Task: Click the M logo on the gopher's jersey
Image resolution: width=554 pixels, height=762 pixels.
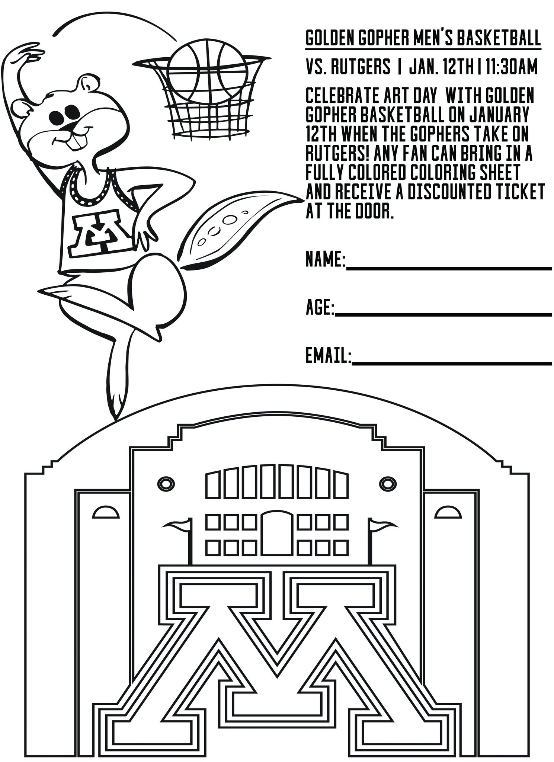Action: click(99, 233)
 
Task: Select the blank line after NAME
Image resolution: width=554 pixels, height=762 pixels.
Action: click(448, 267)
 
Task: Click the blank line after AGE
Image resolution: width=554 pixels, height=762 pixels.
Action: click(443, 315)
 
